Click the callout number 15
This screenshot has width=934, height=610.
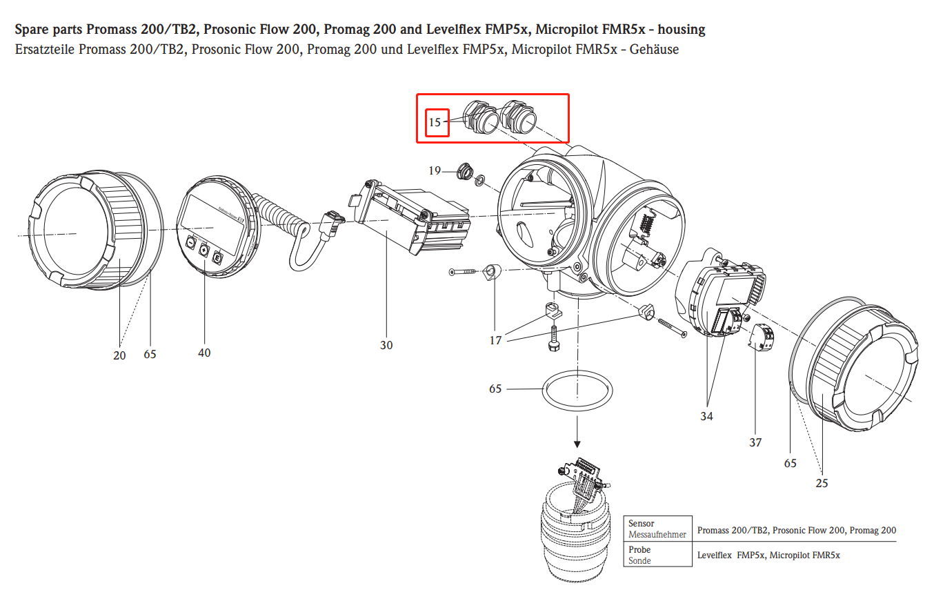pyautogui.click(x=435, y=123)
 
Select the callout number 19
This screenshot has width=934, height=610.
pyautogui.click(x=435, y=170)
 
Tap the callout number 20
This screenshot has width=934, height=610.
pyautogui.click(x=119, y=355)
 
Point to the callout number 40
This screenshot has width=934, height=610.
pyautogui.click(x=204, y=353)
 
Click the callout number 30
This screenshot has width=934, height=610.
pyautogui.click(x=386, y=344)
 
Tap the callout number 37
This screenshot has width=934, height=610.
pyautogui.click(x=755, y=442)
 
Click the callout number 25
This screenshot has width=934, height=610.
pyautogui.click(x=822, y=483)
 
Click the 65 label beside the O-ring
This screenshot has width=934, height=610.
pyautogui.click(x=495, y=388)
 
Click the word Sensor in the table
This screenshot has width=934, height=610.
pyautogui.click(x=642, y=524)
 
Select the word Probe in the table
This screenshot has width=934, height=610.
pyautogui.click(x=639, y=550)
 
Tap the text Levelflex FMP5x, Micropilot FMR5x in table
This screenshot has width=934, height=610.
pyautogui.click(x=769, y=555)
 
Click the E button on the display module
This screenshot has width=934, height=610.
pyautogui.click(x=216, y=257)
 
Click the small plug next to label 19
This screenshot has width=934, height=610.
pyautogui.click(x=464, y=170)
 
